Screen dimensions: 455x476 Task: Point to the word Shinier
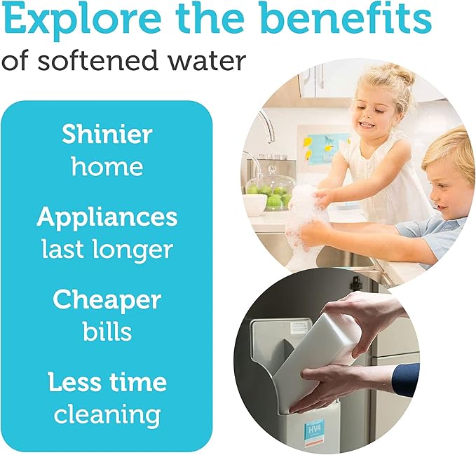107,135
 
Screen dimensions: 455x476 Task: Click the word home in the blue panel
107,167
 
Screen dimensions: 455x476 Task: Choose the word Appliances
107,218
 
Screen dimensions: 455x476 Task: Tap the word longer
136,250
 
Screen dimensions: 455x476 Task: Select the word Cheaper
107,300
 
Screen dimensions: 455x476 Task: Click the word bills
107,332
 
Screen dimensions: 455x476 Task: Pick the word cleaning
107,414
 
